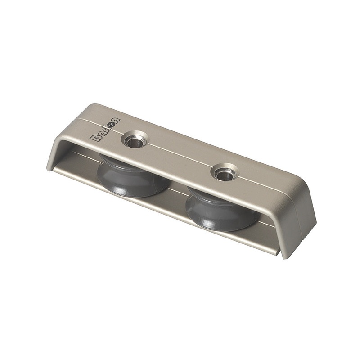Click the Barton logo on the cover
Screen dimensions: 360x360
coord(105,130)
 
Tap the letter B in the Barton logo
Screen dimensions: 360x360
coord(95,138)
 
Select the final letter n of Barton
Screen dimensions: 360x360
coord(116,121)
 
